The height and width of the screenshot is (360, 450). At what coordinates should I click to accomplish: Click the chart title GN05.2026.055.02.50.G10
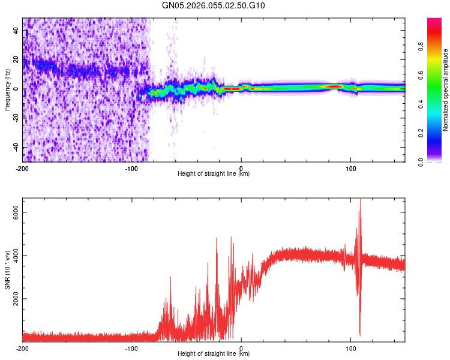point(214,6)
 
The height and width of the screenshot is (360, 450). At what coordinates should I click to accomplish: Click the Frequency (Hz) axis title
point(8,89)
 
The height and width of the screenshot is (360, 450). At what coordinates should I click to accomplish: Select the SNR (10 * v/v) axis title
point(8,270)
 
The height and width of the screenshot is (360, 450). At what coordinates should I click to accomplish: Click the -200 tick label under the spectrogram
point(23,168)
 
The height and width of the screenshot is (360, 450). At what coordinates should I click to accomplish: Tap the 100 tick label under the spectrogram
point(351,168)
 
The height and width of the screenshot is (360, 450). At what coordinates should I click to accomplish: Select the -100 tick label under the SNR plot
point(132,348)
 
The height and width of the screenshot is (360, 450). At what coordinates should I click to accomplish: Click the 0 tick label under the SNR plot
point(241,348)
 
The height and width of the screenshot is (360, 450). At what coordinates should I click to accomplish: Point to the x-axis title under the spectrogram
point(214,174)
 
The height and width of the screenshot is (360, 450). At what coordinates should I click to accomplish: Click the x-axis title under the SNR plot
point(214,354)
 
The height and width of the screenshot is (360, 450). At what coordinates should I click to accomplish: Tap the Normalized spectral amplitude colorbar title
point(446,89)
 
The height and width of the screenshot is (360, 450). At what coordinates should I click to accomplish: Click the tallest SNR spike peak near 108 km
point(360,199)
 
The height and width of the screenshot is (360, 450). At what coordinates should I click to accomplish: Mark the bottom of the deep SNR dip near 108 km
point(360,335)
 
